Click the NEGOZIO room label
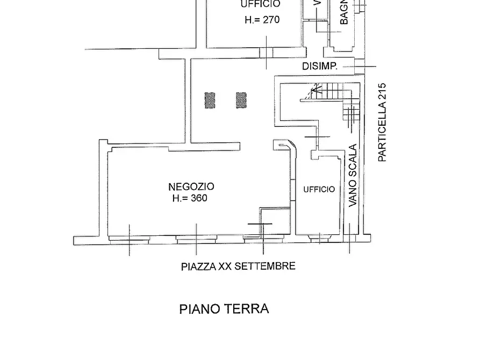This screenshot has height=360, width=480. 191,186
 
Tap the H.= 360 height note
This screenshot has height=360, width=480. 190,198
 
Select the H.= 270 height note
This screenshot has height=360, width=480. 262,20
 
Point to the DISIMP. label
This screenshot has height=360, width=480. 319,67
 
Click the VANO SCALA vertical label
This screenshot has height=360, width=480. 353,176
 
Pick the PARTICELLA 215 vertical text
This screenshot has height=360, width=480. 382,122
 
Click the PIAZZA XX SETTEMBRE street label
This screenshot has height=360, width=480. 238,266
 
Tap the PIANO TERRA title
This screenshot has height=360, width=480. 224,309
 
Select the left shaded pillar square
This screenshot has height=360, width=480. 210,100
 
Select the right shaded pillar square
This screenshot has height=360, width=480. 241,100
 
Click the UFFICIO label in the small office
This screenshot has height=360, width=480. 319,189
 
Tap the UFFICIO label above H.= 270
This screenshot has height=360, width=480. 260,4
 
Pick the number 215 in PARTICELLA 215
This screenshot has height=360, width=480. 382,91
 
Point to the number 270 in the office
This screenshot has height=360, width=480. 271,20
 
